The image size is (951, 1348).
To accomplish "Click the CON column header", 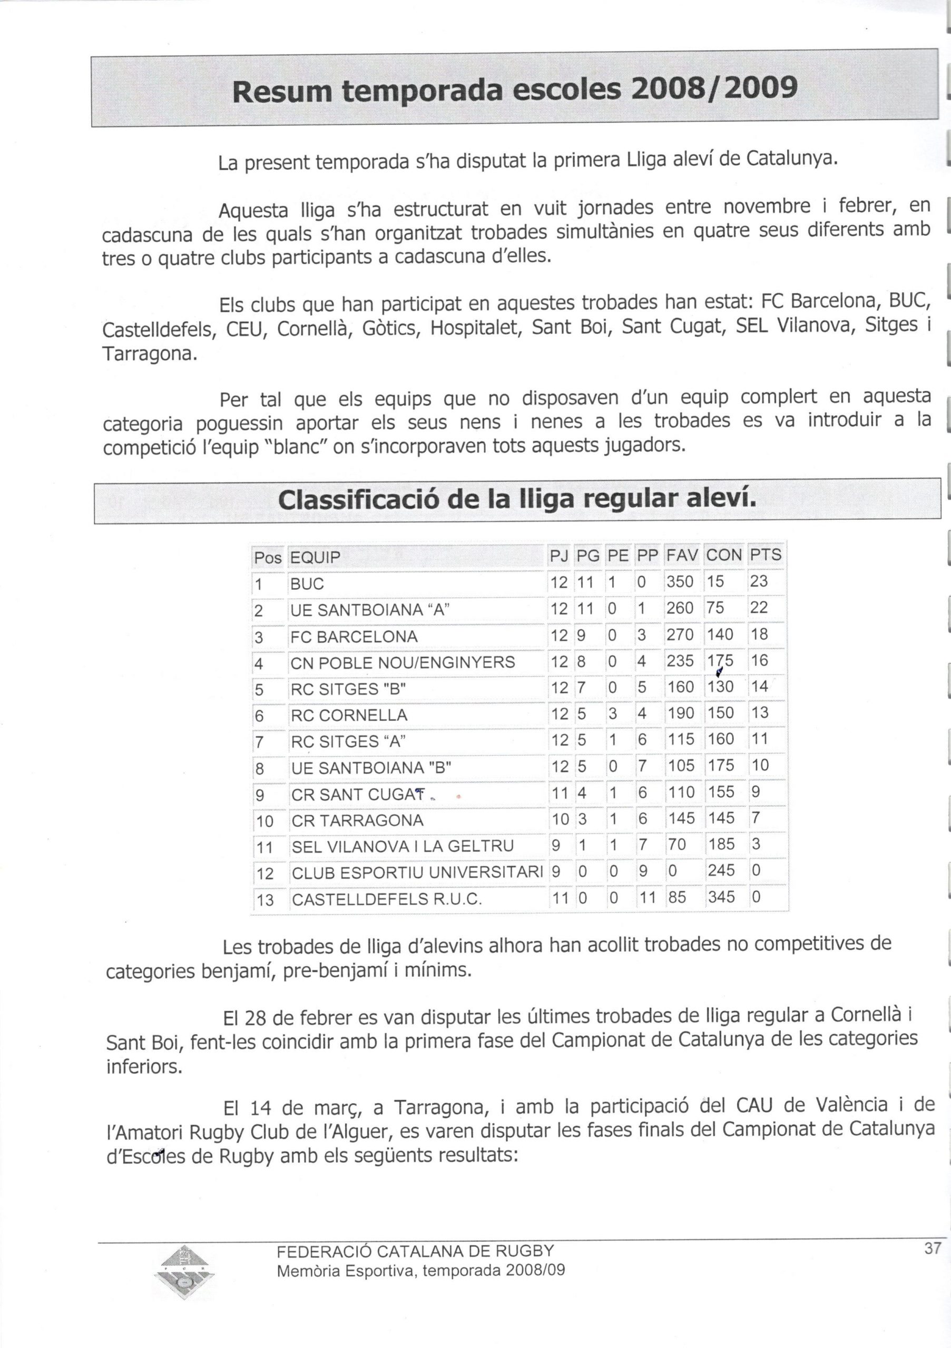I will (724, 556).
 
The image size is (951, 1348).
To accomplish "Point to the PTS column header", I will (766, 556).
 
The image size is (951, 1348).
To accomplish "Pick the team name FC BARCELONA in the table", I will (354, 637).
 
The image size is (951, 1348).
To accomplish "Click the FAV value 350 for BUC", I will (680, 582).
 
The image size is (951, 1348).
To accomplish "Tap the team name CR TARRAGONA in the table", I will (357, 820).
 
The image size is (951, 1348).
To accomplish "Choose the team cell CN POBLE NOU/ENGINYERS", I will (403, 663).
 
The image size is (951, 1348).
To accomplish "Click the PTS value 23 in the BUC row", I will (759, 581).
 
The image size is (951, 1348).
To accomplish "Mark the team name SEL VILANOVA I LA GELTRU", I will (403, 846).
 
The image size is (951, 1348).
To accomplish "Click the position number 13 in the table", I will (265, 899).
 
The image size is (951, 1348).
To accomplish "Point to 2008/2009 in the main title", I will (714, 89).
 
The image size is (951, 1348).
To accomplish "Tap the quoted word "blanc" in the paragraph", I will (293, 448).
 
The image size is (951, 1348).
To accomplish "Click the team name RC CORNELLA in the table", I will (349, 715).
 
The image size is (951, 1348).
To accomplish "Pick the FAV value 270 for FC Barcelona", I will (680, 635).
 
